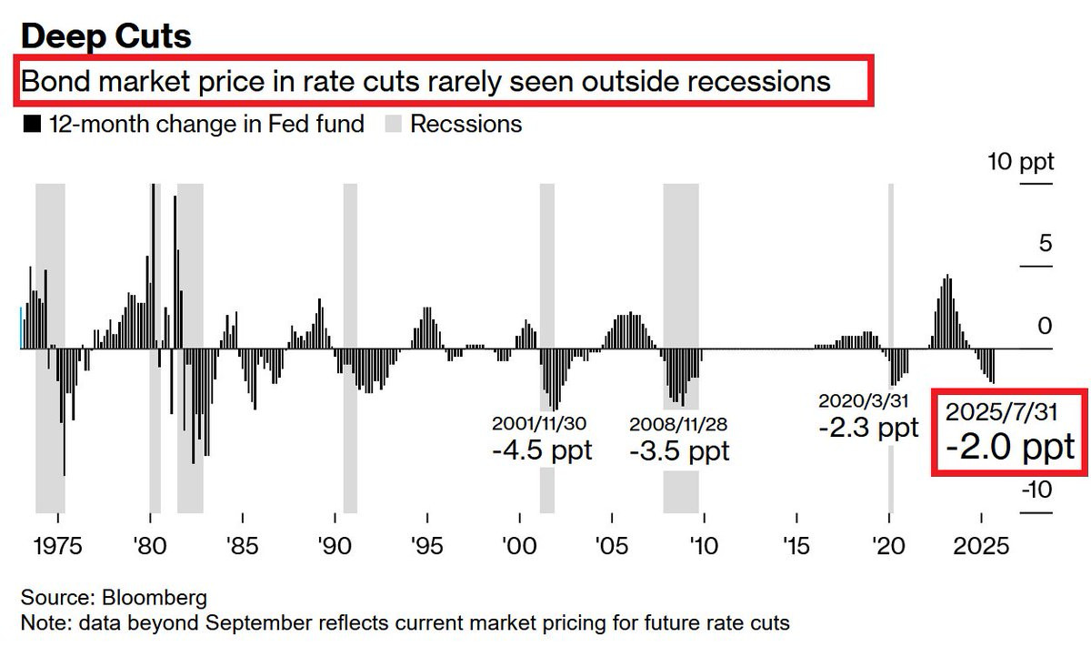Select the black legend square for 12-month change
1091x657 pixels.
32,125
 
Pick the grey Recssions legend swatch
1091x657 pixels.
393,125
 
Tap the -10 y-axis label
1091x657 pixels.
1037,490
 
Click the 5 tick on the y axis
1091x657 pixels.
1046,244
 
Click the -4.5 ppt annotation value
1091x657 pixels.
542,450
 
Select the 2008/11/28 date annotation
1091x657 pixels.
678,424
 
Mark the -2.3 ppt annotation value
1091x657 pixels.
868,428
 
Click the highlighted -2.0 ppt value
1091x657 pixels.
1009,448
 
